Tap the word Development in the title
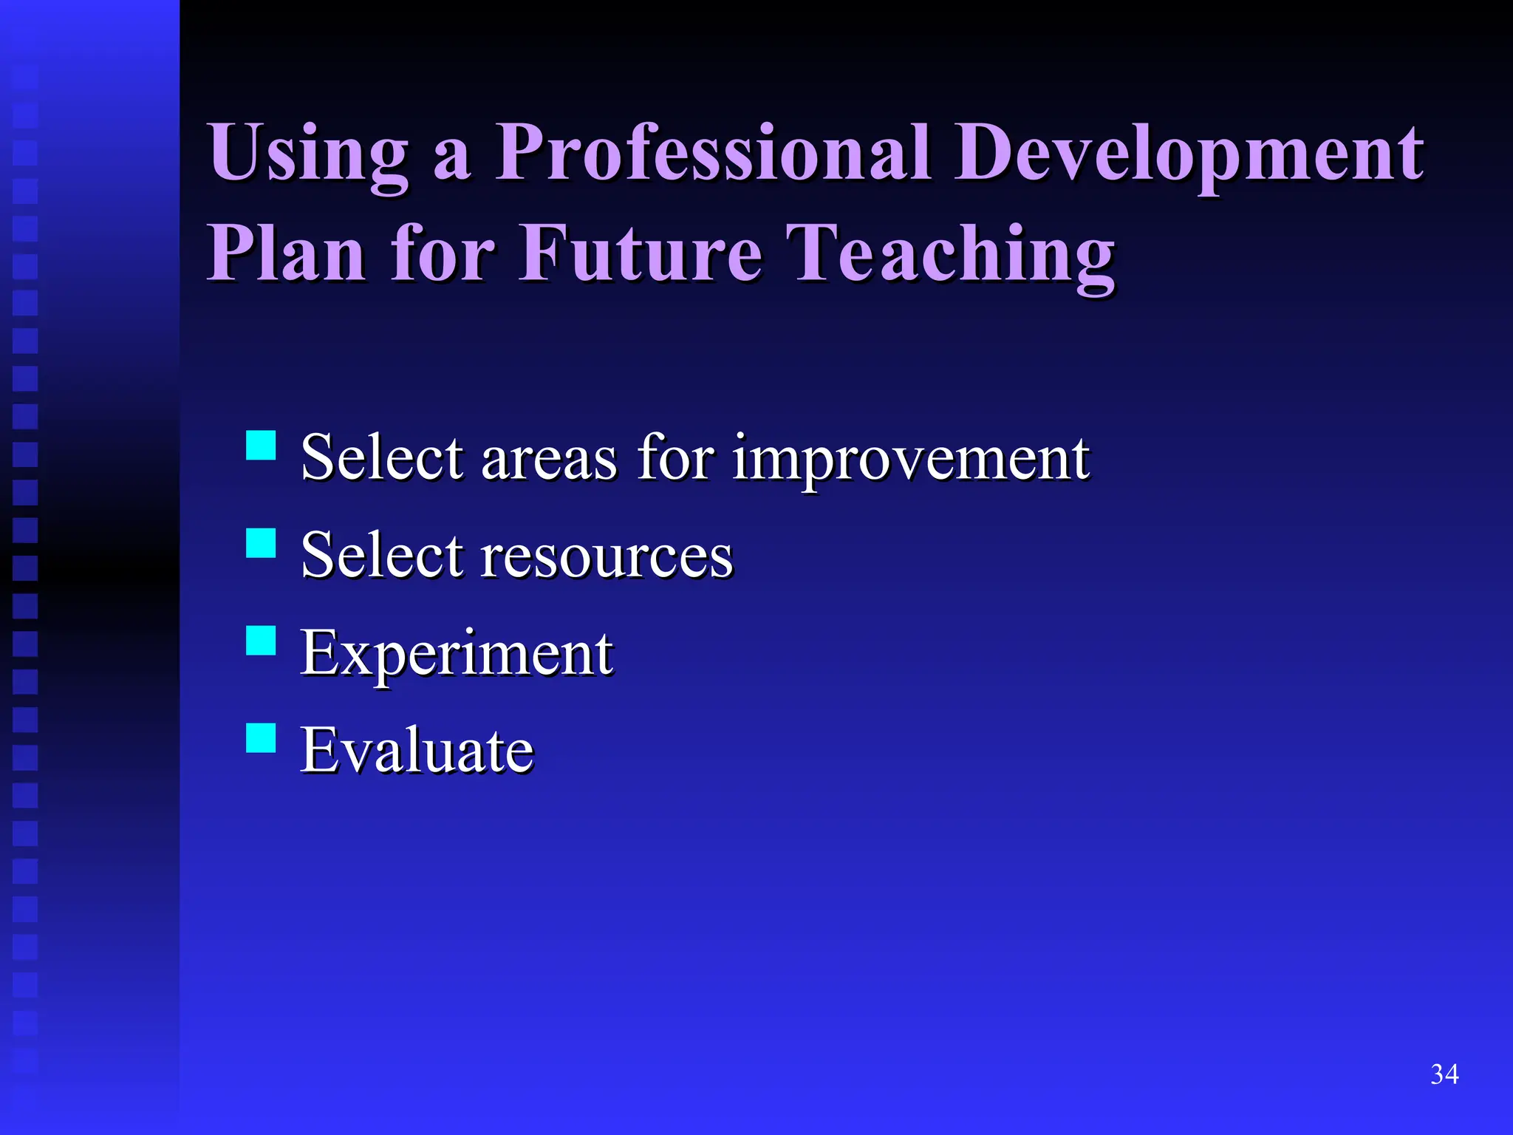pos(1189,153)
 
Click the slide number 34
pos(1444,1074)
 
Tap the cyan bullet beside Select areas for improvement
pos(261,446)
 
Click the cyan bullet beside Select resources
pos(261,543)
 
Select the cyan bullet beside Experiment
pos(261,641)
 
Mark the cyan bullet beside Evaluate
pos(261,737)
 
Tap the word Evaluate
pos(417,751)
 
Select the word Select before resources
pos(382,556)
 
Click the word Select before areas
pos(382,458)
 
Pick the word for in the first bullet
pos(675,458)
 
